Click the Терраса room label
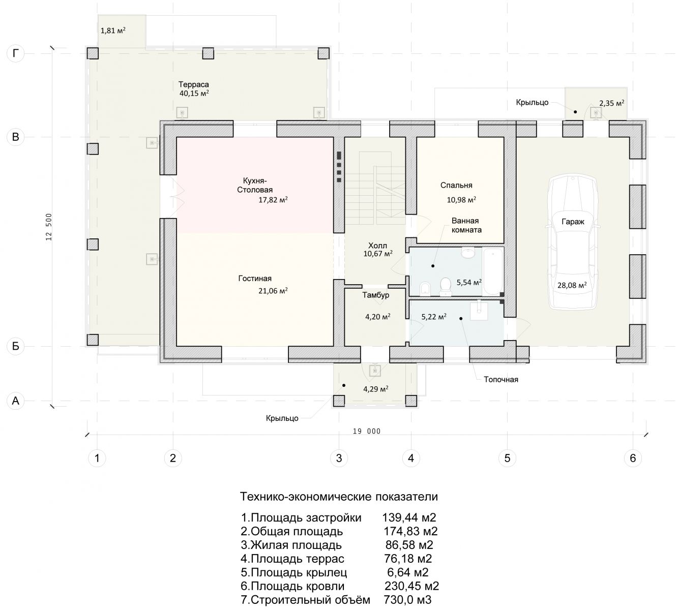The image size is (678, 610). click(x=194, y=84)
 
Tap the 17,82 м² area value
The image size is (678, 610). click(x=273, y=200)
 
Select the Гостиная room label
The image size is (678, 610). click(x=255, y=279)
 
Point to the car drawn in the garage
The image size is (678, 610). click(x=573, y=242)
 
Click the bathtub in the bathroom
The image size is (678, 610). click(x=493, y=271)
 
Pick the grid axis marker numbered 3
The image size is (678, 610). click(x=339, y=458)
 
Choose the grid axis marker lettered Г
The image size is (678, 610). click(x=16, y=53)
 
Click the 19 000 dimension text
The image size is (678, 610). click(x=367, y=431)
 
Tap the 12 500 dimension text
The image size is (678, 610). click(x=49, y=227)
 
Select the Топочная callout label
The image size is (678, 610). click(x=501, y=380)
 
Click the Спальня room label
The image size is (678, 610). click(x=456, y=185)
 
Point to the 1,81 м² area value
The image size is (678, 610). click(x=113, y=30)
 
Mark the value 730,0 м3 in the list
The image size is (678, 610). click(x=407, y=600)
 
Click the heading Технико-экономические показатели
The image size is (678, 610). click(x=339, y=497)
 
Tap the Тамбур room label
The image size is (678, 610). click(x=376, y=295)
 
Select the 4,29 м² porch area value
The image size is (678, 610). click(x=375, y=389)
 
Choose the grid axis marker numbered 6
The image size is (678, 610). click(x=633, y=458)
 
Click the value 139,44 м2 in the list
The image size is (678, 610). click(x=409, y=517)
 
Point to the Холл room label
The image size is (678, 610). click(x=377, y=246)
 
